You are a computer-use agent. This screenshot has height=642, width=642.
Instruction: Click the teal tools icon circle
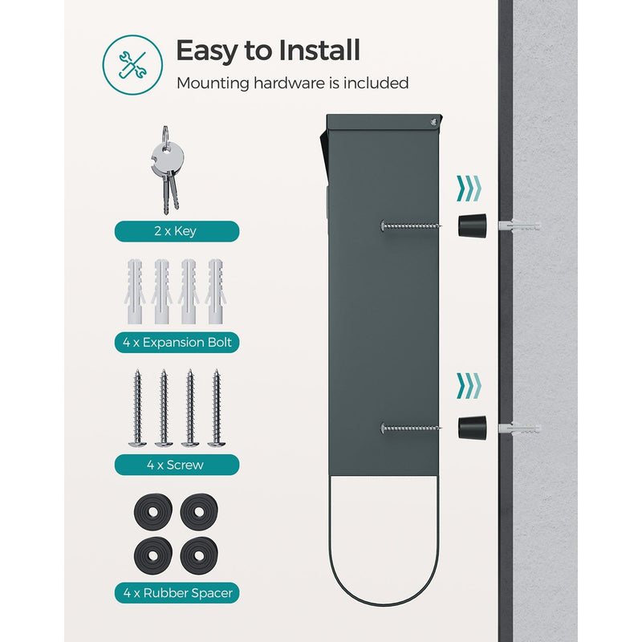coord(132,65)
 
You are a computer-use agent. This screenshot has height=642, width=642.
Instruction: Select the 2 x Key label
coord(177,231)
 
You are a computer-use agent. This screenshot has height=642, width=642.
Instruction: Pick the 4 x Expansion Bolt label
coord(177,343)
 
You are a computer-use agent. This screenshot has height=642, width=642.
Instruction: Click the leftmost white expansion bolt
coord(135,291)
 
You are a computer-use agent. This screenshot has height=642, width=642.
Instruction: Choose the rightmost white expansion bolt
coord(216,291)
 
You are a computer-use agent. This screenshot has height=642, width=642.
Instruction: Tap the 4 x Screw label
coord(177,465)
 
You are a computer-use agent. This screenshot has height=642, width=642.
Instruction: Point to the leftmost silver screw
coord(137,408)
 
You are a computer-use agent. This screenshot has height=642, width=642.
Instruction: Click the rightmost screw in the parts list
coord(217,408)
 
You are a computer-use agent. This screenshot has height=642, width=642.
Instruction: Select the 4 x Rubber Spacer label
coord(177,593)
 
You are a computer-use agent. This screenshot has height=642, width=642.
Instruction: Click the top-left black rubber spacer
coord(153,512)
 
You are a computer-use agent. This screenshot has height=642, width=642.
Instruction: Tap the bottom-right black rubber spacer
coord(199,555)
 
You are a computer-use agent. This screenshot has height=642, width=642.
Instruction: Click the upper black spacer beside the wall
coord(473,226)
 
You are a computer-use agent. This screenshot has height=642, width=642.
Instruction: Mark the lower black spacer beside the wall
coord(473,428)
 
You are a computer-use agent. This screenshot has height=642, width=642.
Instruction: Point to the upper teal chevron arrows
coord(469,189)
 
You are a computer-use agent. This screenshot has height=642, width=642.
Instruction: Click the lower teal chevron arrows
coord(469,386)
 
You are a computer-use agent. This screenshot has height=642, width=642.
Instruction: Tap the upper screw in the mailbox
coord(411,226)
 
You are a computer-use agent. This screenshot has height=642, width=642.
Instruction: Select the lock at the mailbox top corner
coord(433,122)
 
